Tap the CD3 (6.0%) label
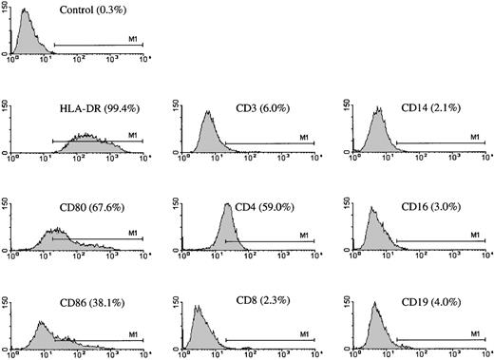(258, 106)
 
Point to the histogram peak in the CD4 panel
(226, 205)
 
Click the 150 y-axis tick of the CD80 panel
(7, 202)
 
